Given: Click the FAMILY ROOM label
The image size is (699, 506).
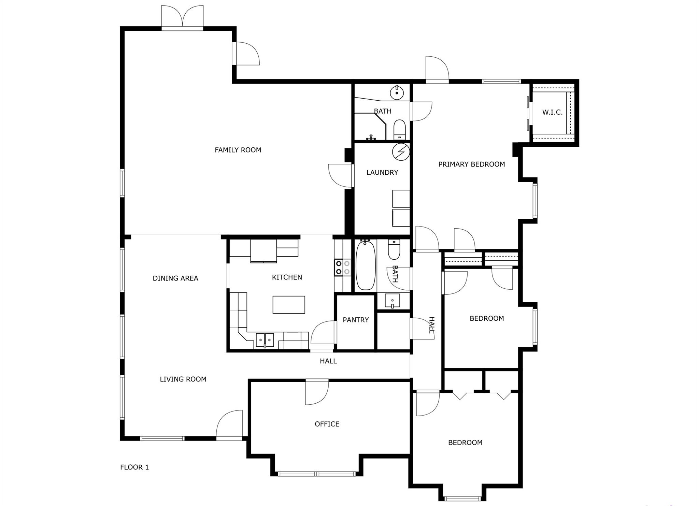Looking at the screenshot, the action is [x=238, y=150].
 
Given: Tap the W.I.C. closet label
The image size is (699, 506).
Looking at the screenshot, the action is [x=552, y=112].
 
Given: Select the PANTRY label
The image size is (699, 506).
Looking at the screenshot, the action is [x=356, y=320].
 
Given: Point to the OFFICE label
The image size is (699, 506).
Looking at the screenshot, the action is [x=327, y=424].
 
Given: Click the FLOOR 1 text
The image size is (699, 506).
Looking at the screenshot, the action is [x=134, y=467].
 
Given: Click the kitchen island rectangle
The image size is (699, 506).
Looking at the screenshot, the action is [x=289, y=305].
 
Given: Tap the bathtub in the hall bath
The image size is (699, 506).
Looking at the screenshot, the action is [x=366, y=265].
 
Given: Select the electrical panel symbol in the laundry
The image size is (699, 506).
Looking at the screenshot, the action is [x=401, y=151].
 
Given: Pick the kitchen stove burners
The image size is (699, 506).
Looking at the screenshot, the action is [x=343, y=267].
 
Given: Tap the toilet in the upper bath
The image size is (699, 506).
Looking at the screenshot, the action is [x=399, y=130].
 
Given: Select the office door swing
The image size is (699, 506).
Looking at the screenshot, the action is [x=317, y=392].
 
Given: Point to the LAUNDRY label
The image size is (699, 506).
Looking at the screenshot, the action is [x=382, y=173].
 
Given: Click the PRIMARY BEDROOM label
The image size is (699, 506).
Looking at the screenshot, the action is [x=472, y=164].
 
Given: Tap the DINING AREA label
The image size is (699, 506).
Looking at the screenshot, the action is [x=175, y=278].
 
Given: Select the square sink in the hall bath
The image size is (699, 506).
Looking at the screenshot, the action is [x=393, y=301].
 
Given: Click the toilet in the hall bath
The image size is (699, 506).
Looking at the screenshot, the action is [x=394, y=249].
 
